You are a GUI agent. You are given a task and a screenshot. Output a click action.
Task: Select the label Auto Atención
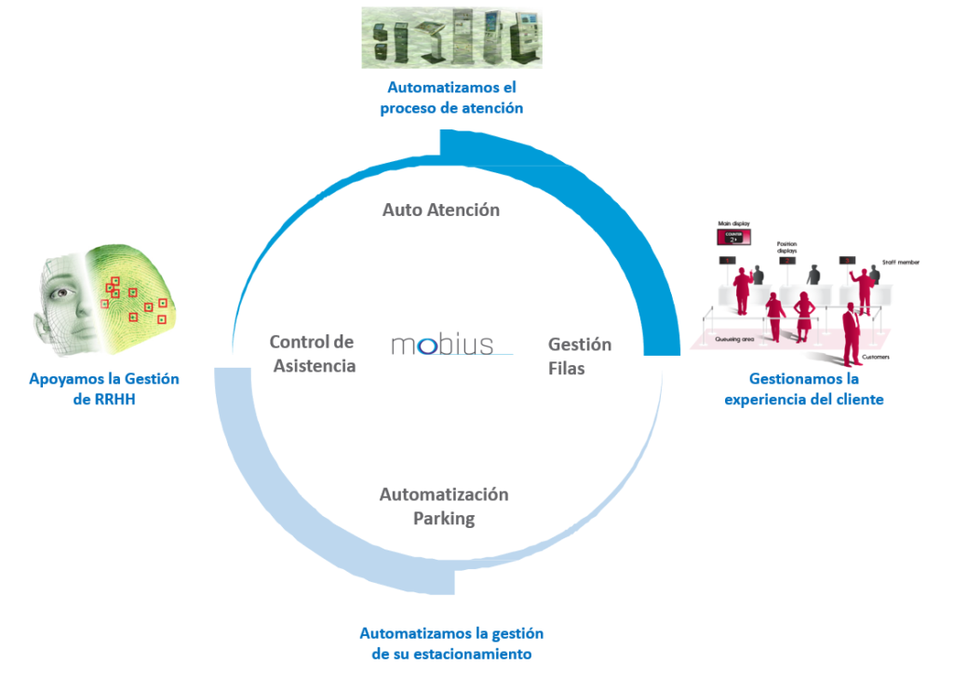click(441, 210)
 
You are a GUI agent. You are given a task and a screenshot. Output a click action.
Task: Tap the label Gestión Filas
click(580, 356)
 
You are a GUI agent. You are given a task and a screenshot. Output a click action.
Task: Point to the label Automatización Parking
click(444, 506)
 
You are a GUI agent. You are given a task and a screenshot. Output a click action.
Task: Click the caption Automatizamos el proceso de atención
click(451, 98)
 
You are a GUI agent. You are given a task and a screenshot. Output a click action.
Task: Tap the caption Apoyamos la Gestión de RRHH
click(104, 389)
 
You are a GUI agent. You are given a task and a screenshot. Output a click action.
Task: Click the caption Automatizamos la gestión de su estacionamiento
click(451, 644)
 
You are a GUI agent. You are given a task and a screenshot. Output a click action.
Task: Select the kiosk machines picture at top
click(452, 37)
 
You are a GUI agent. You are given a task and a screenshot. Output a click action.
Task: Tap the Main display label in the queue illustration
click(733, 224)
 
